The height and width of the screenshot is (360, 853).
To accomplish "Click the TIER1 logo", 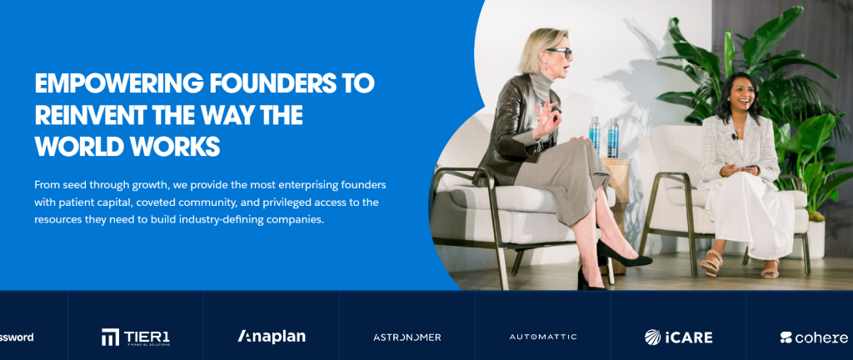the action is (x=136, y=337).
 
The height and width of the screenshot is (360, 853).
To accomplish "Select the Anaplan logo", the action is (x=272, y=336).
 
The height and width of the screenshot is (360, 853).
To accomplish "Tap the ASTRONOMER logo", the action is (x=407, y=337).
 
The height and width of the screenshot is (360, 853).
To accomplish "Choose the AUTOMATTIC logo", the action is (x=543, y=337).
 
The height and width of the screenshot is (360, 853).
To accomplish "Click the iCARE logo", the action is (x=678, y=337).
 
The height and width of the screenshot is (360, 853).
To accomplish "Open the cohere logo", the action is (x=814, y=337).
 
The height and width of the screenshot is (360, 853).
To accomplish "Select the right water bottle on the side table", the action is (x=612, y=138).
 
